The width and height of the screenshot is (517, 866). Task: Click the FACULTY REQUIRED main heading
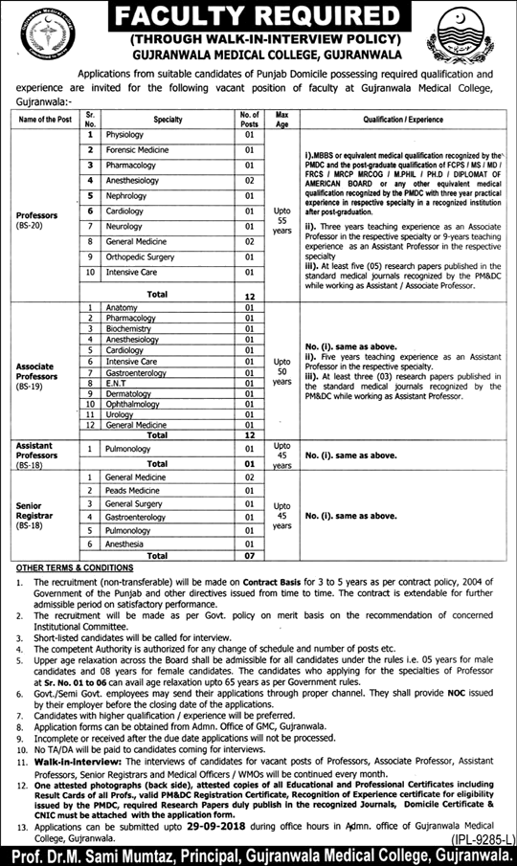tap(258, 17)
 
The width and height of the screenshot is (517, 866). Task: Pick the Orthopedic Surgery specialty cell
tap(139, 256)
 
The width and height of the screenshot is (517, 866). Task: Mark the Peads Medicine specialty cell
tap(133, 489)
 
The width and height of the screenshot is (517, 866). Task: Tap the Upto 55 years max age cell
tap(282, 218)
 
